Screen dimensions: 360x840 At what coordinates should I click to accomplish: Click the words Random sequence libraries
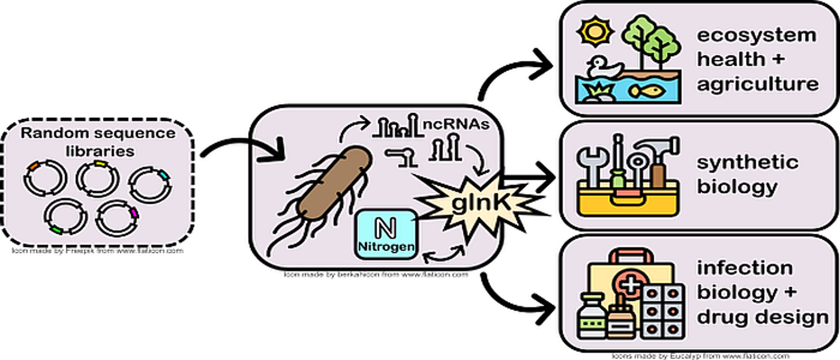98,142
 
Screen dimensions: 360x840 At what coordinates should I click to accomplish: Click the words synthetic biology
747,175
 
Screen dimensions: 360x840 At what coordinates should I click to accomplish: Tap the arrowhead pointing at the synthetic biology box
546,177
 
